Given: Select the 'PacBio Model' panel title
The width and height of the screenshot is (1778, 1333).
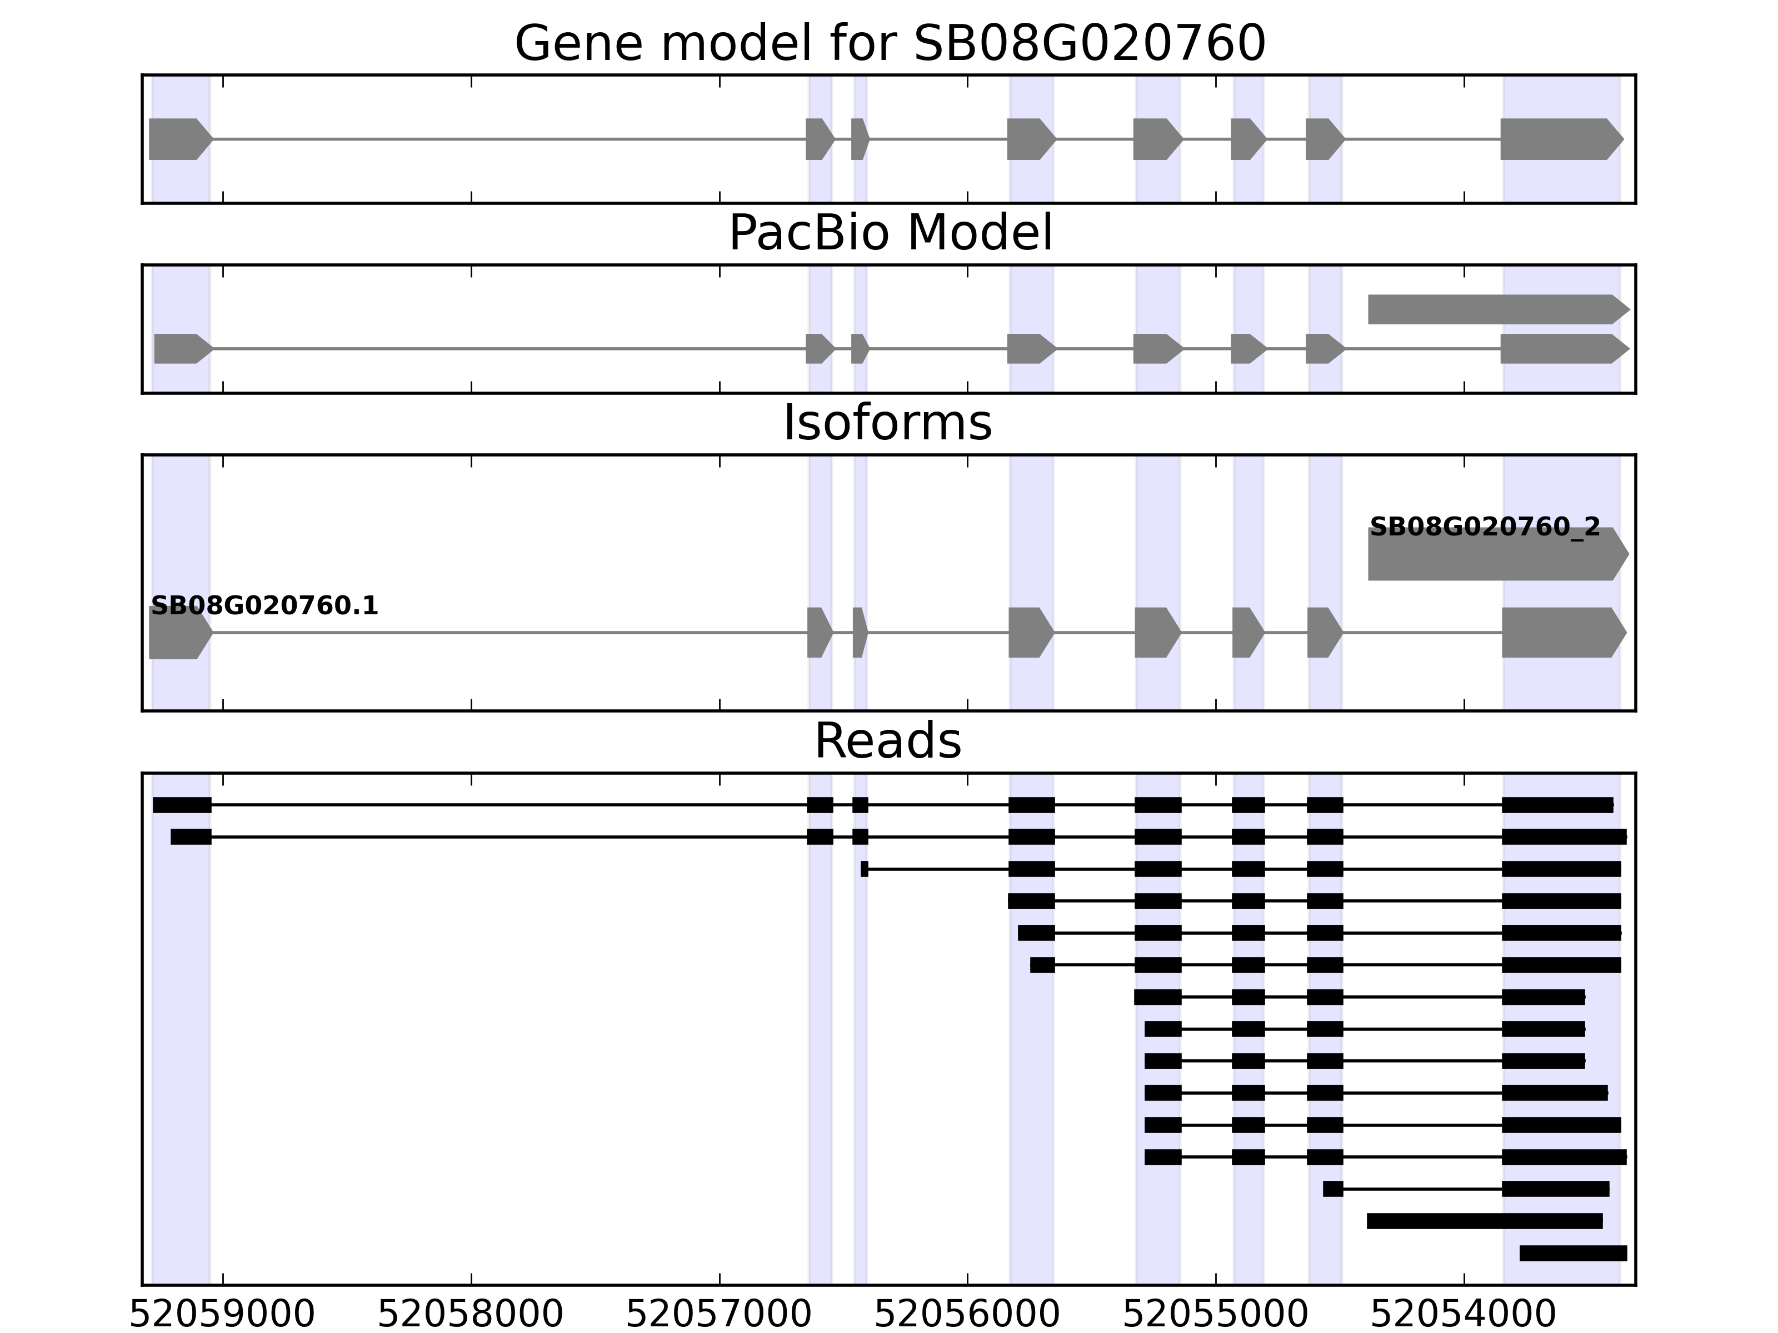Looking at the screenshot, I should click(889, 233).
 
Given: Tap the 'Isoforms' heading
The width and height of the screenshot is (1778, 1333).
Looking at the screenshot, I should click(887, 423).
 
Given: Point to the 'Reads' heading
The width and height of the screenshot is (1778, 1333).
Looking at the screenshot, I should click(887, 741).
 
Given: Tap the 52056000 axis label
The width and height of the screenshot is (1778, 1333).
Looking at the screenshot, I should click(967, 1315).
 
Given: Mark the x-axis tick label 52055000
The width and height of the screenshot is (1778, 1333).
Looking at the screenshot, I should click(1215, 1315).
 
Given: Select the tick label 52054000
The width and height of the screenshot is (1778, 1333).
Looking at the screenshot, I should click(1464, 1315).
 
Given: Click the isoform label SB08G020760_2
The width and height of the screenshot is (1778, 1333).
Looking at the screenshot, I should click(1485, 528).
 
